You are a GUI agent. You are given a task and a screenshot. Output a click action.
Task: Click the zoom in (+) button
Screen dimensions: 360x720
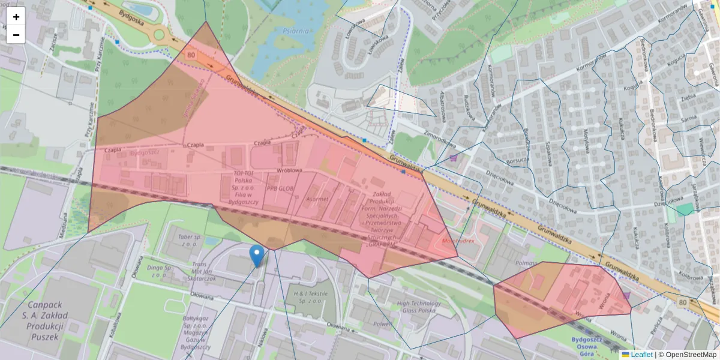click(16, 17)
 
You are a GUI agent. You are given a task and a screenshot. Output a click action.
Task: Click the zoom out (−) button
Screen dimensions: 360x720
click(16, 35)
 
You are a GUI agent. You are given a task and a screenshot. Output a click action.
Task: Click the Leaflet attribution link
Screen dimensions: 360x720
click(641, 355)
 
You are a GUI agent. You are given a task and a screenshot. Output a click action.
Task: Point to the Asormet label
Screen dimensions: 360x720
click(317, 199)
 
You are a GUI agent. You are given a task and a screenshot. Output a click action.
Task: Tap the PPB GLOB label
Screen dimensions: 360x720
click(281, 187)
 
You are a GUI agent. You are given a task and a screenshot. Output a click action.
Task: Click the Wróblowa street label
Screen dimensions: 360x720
click(288, 171)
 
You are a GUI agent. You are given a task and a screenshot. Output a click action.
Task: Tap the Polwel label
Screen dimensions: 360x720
click(382, 324)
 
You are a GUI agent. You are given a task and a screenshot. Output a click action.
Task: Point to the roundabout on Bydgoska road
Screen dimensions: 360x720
click(158, 34)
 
